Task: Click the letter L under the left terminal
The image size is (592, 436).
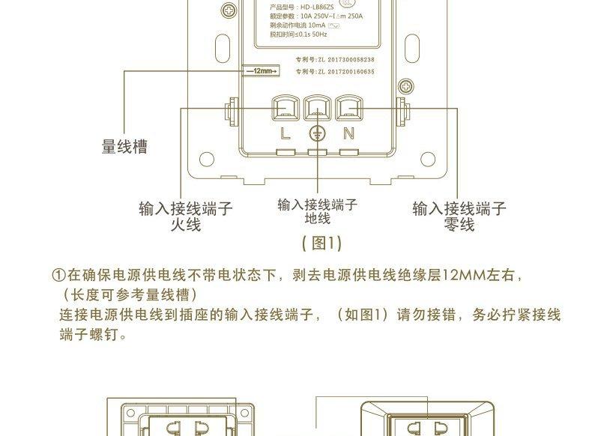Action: pos(285,134)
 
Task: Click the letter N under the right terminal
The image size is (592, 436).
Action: pos(348,134)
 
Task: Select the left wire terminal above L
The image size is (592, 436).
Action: pos(285,109)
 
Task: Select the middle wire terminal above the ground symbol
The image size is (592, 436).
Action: pos(317,109)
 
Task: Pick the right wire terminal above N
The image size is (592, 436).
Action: pos(348,109)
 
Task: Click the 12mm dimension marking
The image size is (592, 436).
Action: pos(260,71)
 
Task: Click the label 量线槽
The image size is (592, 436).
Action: pos(124,147)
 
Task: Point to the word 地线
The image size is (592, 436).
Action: pos(317,218)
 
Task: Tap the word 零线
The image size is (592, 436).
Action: pos(459,225)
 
